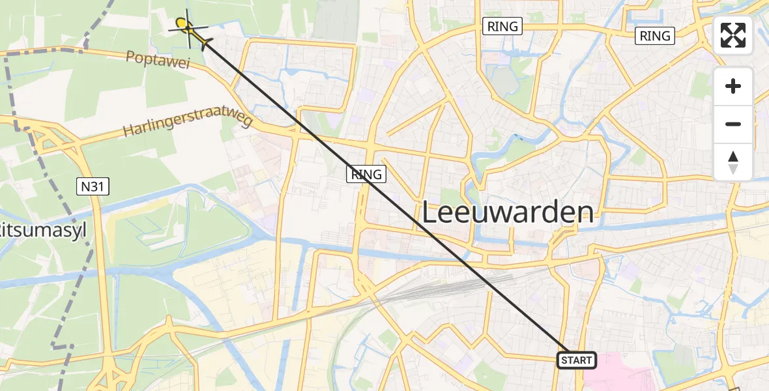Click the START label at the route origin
click(577, 360)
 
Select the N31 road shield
click(93, 187)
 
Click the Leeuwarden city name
click(508, 212)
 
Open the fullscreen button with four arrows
click(733, 35)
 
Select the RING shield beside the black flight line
click(367, 174)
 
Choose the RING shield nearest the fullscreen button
click(655, 36)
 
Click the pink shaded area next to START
click(619, 375)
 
